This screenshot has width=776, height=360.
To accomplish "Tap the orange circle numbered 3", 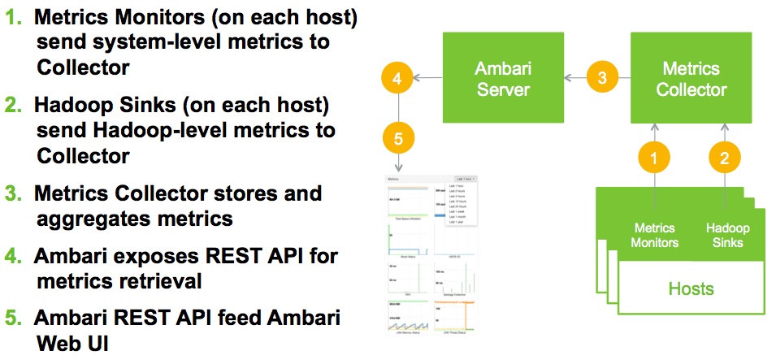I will (601, 78).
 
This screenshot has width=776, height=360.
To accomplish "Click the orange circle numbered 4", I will (397, 79).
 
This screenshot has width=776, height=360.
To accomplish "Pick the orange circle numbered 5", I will (397, 139).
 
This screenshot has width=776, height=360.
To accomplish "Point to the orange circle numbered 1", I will (655, 158).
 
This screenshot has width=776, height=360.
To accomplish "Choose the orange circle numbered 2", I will (724, 158).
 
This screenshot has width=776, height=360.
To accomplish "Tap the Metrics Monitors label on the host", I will (656, 236).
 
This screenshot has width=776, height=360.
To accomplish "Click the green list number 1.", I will (15, 16).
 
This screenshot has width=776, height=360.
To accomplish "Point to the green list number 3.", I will (15, 193).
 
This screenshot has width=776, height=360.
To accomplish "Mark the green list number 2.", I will (15, 105).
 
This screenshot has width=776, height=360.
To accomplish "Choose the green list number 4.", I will (15, 256).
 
